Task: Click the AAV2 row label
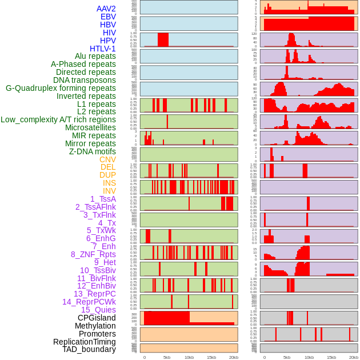click(x=106, y=9)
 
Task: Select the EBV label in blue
click(x=108, y=17)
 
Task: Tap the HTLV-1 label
click(x=103, y=49)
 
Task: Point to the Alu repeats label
click(x=95, y=56)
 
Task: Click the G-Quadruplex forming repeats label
click(x=61, y=88)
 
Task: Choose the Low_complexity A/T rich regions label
click(x=58, y=119)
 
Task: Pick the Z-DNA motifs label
click(x=93, y=151)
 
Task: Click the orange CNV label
click(x=107, y=159)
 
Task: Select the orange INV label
click(x=109, y=191)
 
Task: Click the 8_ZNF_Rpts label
click(x=93, y=254)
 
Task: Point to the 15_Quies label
click(x=98, y=310)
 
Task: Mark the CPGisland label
click(x=97, y=318)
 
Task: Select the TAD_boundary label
click(x=89, y=349)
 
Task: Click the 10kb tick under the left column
click(x=189, y=357)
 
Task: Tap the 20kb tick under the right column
click(x=354, y=357)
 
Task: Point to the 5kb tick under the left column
click(x=167, y=357)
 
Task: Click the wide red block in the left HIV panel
click(x=163, y=39)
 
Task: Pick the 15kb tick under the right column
click(x=331, y=357)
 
